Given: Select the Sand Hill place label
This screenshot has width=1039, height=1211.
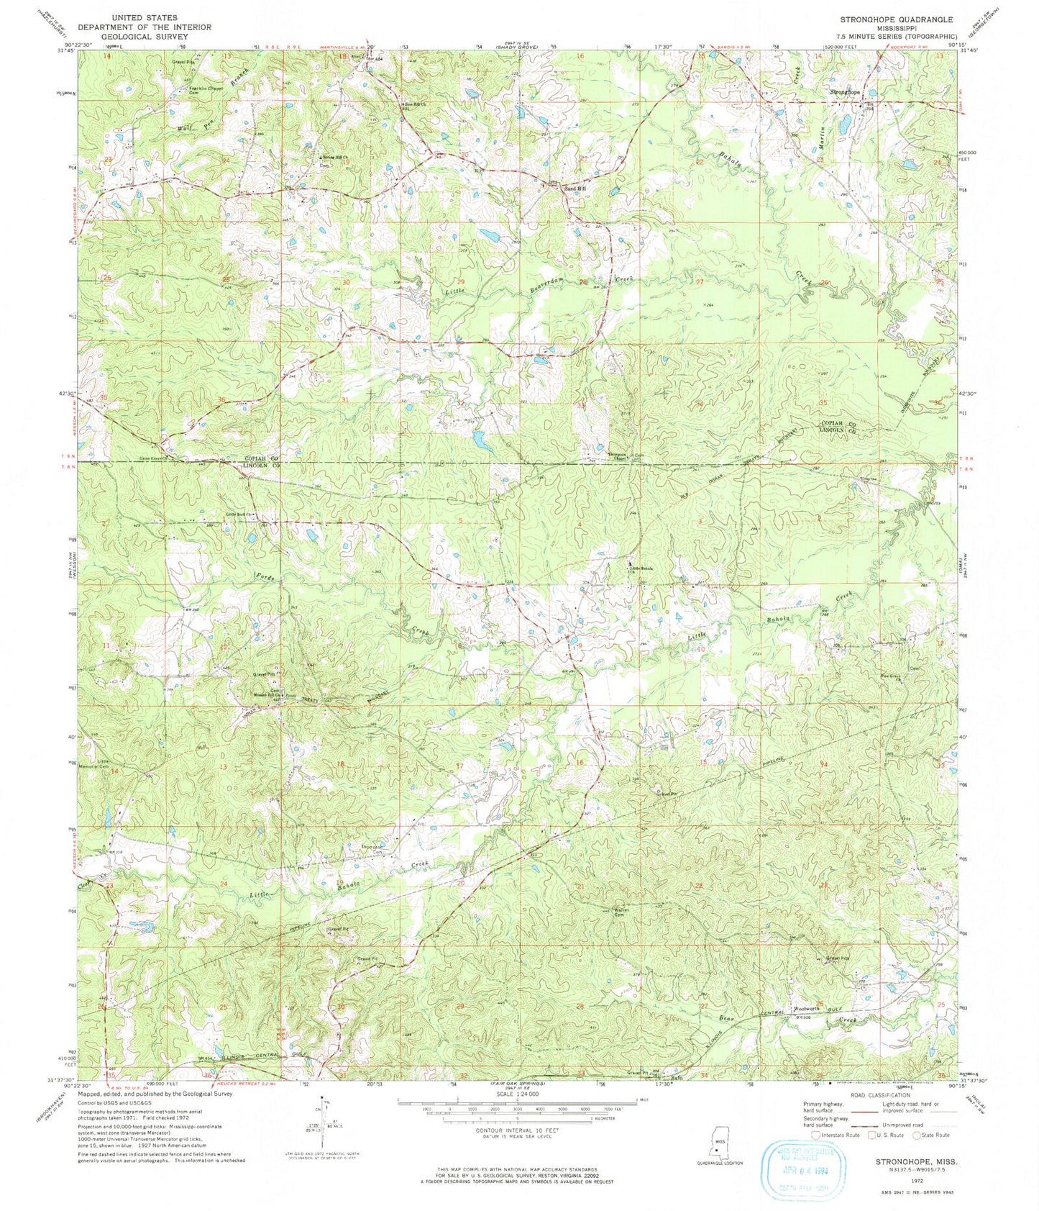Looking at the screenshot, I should pos(575,188).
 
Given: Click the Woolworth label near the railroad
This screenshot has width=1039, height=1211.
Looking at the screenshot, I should pos(806,1009).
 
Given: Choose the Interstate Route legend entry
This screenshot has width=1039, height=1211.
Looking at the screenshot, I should pos(838,1135).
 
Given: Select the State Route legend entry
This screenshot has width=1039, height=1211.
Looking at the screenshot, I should pos(933,1135).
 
